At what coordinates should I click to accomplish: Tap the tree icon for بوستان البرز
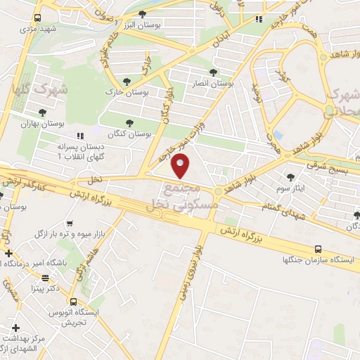pos(143,14)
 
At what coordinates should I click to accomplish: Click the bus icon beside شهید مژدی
pos(37,18)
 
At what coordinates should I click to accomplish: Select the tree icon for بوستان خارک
pos(127,82)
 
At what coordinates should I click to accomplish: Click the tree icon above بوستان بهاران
pos(44,112)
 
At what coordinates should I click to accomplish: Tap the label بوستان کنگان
pos(130,132)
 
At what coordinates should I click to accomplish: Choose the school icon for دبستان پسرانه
pos(79,134)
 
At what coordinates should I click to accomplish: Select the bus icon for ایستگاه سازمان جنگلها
pos(319,249)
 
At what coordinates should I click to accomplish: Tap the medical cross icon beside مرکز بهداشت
pos(15,328)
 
